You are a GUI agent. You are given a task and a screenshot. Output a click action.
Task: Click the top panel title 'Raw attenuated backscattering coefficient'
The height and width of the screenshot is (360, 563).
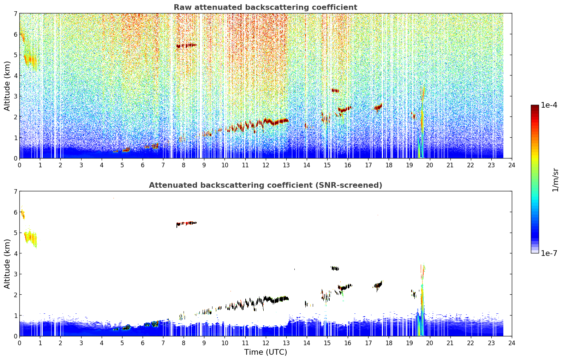pos(265,7)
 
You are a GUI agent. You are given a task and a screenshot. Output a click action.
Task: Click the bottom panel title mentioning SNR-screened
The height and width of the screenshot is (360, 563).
pos(265,185)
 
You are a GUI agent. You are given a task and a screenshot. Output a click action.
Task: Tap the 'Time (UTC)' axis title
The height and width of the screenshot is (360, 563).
pos(265,352)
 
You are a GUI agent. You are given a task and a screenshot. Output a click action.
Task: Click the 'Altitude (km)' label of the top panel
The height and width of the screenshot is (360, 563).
pos(7,86)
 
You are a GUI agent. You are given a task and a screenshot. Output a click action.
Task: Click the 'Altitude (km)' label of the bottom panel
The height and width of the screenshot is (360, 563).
pos(7,264)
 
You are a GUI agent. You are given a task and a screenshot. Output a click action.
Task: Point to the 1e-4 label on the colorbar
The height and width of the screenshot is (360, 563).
pos(549,105)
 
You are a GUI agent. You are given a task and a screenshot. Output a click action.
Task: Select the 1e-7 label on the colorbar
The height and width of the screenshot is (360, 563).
pos(549,253)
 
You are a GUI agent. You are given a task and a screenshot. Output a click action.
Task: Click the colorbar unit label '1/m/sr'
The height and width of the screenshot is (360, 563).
pos(555,180)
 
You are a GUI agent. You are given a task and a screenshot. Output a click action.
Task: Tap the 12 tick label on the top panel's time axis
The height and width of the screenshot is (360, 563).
pos(266,165)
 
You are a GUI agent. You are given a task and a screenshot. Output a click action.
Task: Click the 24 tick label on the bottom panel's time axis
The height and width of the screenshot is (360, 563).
pos(512,343)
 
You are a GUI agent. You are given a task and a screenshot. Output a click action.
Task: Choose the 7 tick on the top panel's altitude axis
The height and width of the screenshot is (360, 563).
pos(16,13)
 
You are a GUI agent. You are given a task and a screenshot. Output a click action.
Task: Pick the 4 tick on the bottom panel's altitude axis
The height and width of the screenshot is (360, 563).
pos(16,253)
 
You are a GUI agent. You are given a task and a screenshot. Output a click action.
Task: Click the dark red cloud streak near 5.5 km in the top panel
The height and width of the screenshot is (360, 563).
pos(186,46)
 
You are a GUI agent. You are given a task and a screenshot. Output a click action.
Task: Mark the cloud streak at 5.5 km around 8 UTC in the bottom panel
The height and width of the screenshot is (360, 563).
pos(186,223)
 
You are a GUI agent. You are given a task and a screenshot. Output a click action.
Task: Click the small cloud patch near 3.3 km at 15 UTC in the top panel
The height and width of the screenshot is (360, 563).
pos(335,90)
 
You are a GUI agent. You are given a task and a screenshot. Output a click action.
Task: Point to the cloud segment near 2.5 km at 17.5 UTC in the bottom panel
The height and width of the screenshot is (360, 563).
pos(378,285)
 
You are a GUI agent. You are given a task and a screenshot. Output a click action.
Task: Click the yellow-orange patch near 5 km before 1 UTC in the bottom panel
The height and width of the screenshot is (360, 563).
pos(30,237)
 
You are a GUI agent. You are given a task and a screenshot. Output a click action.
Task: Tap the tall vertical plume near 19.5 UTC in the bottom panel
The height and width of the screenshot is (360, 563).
pos(421,299)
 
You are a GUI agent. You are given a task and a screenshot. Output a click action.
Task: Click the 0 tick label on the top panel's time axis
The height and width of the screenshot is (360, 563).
pos(20,165)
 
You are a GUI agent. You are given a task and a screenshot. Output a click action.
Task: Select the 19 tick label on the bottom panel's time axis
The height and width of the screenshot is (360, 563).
pos(409,343)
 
